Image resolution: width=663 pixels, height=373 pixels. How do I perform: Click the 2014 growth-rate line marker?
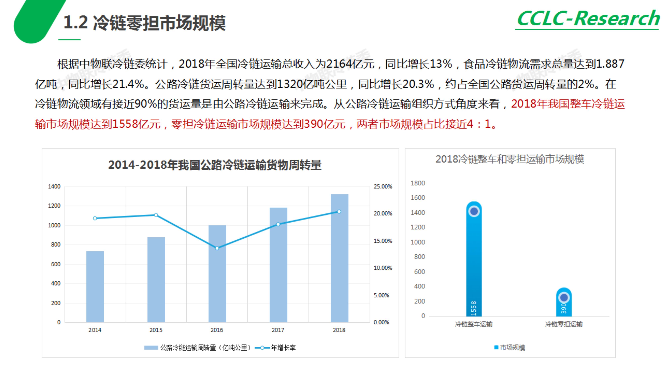click(x=95, y=218)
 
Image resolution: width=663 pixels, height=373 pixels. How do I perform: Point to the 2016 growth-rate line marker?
click(x=217, y=248)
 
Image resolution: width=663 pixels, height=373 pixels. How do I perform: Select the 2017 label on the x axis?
click(x=278, y=330)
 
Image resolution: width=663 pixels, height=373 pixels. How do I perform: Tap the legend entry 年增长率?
click(x=283, y=348)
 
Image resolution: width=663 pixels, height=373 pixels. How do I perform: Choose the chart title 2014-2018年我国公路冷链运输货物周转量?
click(x=215, y=165)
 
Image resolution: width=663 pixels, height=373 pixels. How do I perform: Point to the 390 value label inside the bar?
click(x=564, y=308)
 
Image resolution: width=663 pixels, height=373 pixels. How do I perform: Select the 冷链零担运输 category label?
click(x=564, y=324)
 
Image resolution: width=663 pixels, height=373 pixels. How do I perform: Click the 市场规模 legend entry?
click(x=512, y=347)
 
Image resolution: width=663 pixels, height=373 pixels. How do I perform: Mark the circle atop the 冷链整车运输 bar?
click(x=474, y=211)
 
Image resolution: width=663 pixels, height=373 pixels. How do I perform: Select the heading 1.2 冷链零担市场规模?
click(x=144, y=23)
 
